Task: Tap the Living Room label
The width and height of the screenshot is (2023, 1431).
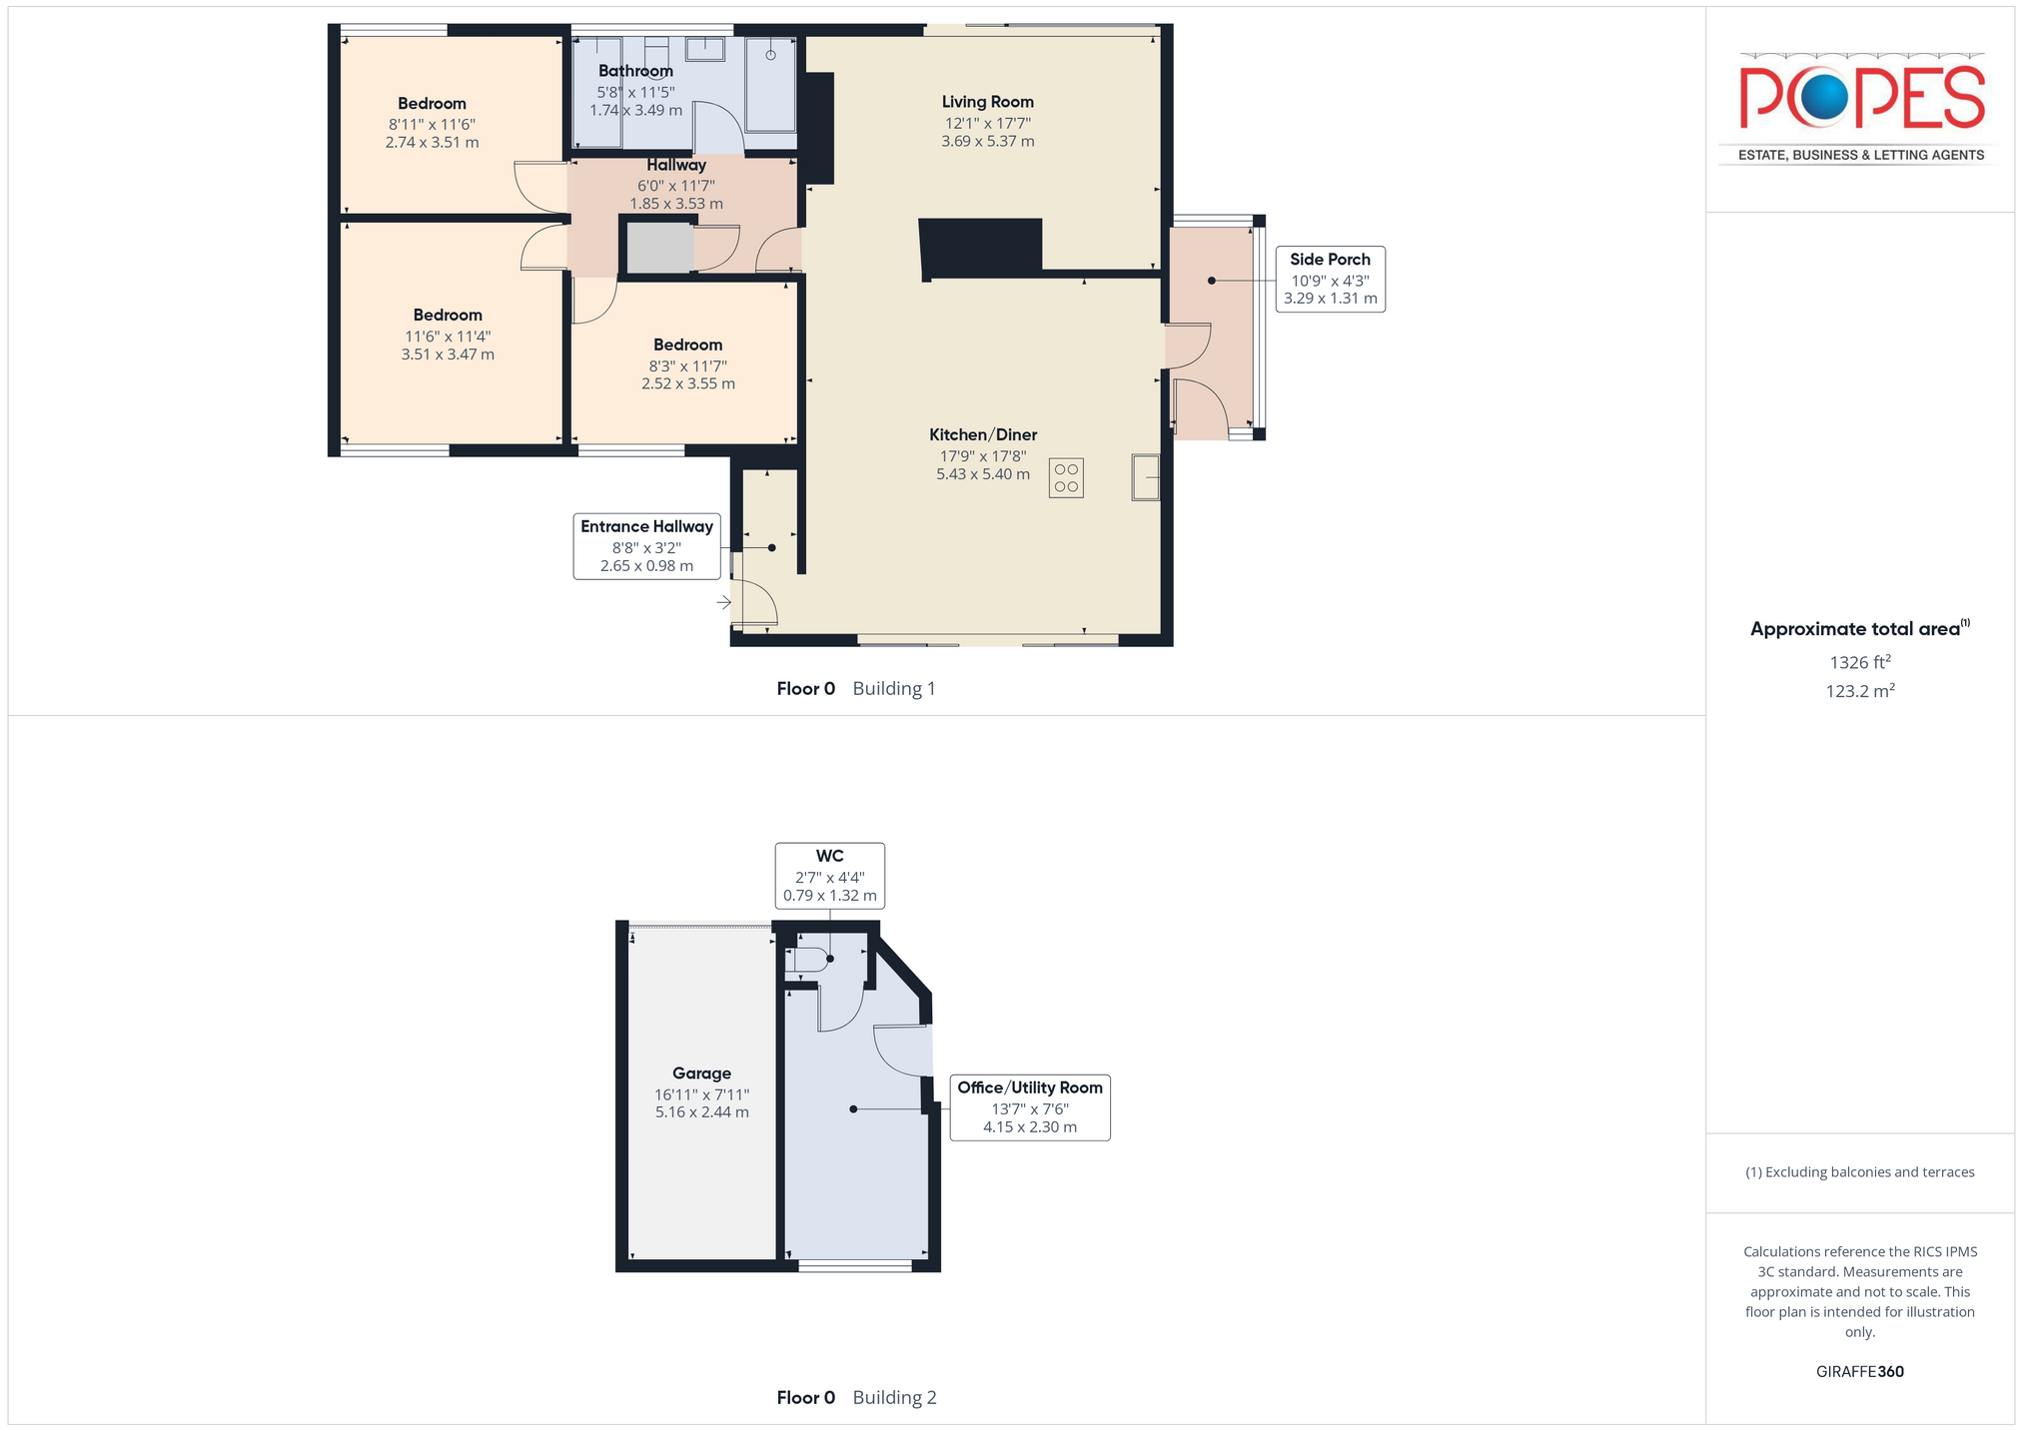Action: pyautogui.click(x=987, y=102)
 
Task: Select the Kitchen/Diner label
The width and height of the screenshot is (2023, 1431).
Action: pyautogui.click(x=983, y=434)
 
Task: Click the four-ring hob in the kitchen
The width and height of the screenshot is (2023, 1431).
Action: pyautogui.click(x=1066, y=478)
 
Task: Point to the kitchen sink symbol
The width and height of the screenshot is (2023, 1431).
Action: pyautogui.click(x=1145, y=477)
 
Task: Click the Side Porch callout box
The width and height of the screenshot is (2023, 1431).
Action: pyautogui.click(x=1330, y=279)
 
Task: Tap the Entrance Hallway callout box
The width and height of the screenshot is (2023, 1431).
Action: pyautogui.click(x=646, y=546)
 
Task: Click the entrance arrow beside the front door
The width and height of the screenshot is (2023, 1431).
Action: pyautogui.click(x=724, y=602)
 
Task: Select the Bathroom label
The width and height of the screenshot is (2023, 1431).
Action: pyautogui.click(x=635, y=71)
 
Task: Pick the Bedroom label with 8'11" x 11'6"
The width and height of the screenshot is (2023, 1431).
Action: pyautogui.click(x=432, y=104)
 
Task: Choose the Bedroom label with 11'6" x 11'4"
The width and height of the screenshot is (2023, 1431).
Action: pyautogui.click(x=448, y=316)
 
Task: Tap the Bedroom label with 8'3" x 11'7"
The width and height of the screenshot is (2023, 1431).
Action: pyautogui.click(x=687, y=346)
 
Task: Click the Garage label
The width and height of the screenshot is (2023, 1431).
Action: pyautogui.click(x=701, y=1073)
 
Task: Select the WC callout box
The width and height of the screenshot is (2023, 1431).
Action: pyautogui.click(x=829, y=876)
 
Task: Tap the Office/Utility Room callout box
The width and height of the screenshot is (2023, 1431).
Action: pyautogui.click(x=1030, y=1107)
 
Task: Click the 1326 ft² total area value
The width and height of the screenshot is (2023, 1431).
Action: pyautogui.click(x=1860, y=662)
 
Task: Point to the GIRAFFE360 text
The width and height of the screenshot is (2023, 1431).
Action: pyautogui.click(x=1860, y=1372)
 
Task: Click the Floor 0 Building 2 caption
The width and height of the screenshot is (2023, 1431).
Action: pyautogui.click(x=856, y=1398)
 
